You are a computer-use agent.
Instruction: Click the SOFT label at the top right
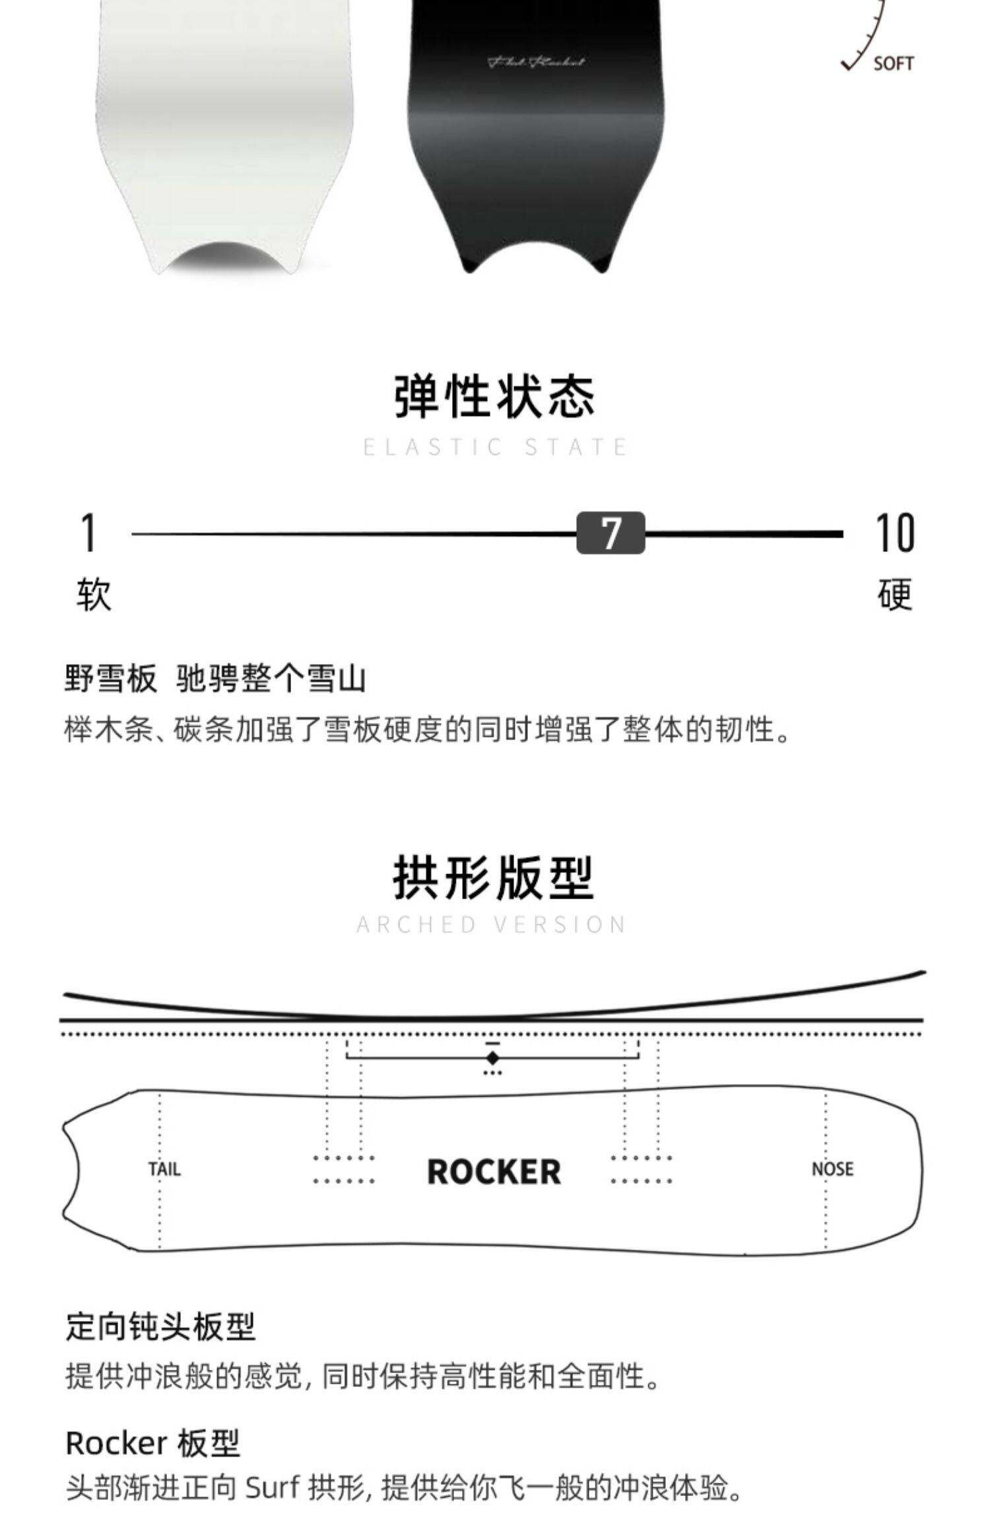[x=893, y=64]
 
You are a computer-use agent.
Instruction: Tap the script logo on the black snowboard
[x=536, y=63]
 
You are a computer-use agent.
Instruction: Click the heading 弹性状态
[x=494, y=396]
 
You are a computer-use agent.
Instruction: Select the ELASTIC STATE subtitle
[x=494, y=448]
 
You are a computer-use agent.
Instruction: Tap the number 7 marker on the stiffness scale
[x=610, y=532]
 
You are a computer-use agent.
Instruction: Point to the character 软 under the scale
[x=94, y=594]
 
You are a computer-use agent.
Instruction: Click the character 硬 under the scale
[x=895, y=594]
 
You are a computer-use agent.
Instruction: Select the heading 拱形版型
[x=494, y=877]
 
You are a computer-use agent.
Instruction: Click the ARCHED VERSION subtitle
[x=492, y=925]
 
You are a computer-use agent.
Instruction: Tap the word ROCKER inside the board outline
[x=494, y=1172]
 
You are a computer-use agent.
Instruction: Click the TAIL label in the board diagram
[x=164, y=1169]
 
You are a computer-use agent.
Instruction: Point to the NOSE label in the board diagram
[x=832, y=1169]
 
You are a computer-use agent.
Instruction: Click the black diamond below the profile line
[x=492, y=1058]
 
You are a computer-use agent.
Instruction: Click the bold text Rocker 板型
[x=152, y=1443]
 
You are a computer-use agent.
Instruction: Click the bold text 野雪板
[x=112, y=678]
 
